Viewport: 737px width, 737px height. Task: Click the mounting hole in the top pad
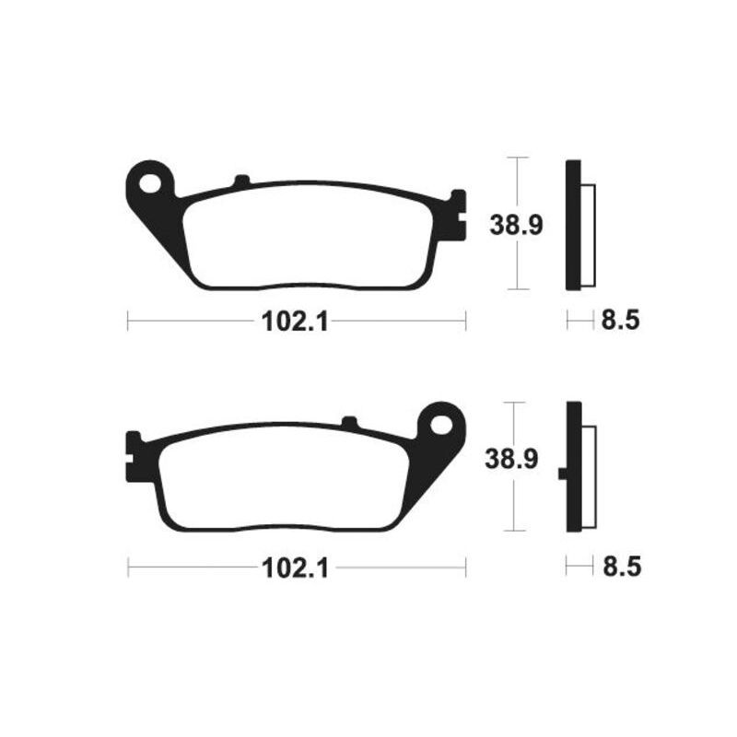pyautogui.click(x=149, y=182)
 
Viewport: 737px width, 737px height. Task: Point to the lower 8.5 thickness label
pyautogui.click(x=619, y=566)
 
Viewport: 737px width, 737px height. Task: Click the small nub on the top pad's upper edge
pyautogui.click(x=241, y=181)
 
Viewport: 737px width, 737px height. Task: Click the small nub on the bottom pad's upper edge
pyautogui.click(x=349, y=423)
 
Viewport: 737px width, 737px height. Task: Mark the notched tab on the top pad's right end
pyautogui.click(x=454, y=216)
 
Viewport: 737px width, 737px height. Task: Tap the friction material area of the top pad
pyautogui.click(x=309, y=235)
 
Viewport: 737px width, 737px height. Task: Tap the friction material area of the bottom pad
pyautogui.click(x=281, y=479)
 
